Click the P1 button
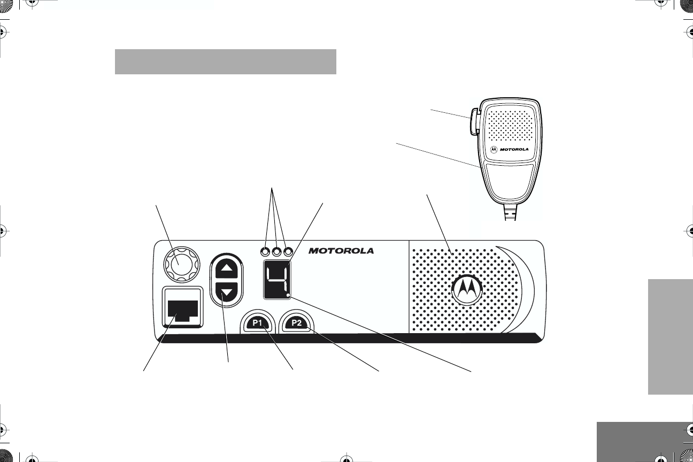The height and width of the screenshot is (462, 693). click(x=258, y=323)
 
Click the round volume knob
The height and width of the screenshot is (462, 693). click(x=179, y=262)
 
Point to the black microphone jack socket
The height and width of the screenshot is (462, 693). click(x=182, y=310)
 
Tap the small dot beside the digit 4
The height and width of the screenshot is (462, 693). click(x=288, y=296)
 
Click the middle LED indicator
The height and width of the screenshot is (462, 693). click(x=277, y=251)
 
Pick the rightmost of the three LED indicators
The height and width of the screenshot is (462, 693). click(x=289, y=251)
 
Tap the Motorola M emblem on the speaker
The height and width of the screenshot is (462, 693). click(x=466, y=290)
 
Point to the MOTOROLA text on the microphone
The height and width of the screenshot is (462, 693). click(x=514, y=149)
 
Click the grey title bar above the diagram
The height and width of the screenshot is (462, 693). click(x=225, y=62)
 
